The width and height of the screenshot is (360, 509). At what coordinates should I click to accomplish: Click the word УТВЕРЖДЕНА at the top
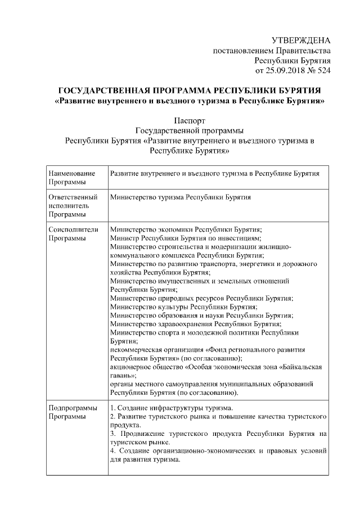[301, 40]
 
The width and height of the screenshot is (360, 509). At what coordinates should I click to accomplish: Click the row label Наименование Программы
[72, 178]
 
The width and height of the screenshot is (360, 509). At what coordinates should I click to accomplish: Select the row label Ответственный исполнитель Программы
[73, 206]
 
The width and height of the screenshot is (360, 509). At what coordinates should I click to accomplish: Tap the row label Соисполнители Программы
[74, 234]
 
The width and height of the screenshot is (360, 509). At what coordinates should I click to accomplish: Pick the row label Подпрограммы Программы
[73, 412]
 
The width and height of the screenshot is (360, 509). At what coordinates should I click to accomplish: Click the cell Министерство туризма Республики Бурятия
[181, 198]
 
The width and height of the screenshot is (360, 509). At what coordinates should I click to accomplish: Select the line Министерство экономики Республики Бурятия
[186, 230]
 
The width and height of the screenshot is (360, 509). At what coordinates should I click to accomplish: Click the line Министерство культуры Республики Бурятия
[183, 307]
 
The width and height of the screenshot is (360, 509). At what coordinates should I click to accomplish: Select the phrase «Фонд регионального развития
[256, 350]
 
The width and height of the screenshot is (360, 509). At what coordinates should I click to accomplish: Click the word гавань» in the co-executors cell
[124, 375]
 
